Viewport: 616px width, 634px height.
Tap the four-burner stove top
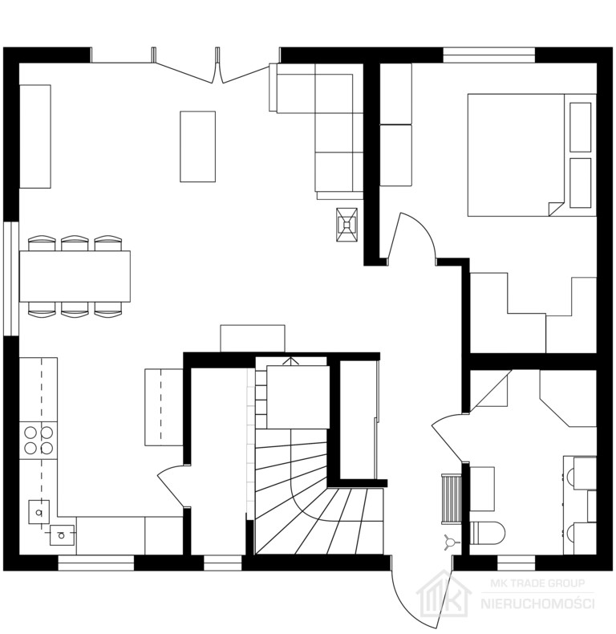[x=38, y=441]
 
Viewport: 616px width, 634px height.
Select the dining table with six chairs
[x=75, y=276]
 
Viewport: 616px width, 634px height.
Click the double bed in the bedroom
[x=532, y=155]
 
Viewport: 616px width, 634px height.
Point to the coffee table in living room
[x=197, y=146]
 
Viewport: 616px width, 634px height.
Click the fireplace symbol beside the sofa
[x=346, y=225]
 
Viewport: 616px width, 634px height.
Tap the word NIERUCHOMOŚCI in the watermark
[x=537, y=604]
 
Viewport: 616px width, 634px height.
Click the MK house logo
[x=444, y=592]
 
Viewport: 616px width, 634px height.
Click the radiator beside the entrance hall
[x=452, y=499]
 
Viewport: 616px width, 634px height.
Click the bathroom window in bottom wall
[x=516, y=563]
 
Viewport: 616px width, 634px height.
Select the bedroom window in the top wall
[x=489, y=55]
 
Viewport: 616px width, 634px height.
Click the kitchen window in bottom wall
[x=96, y=563]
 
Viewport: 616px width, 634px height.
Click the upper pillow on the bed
[x=581, y=128]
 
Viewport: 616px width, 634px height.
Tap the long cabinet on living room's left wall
[x=35, y=136]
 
